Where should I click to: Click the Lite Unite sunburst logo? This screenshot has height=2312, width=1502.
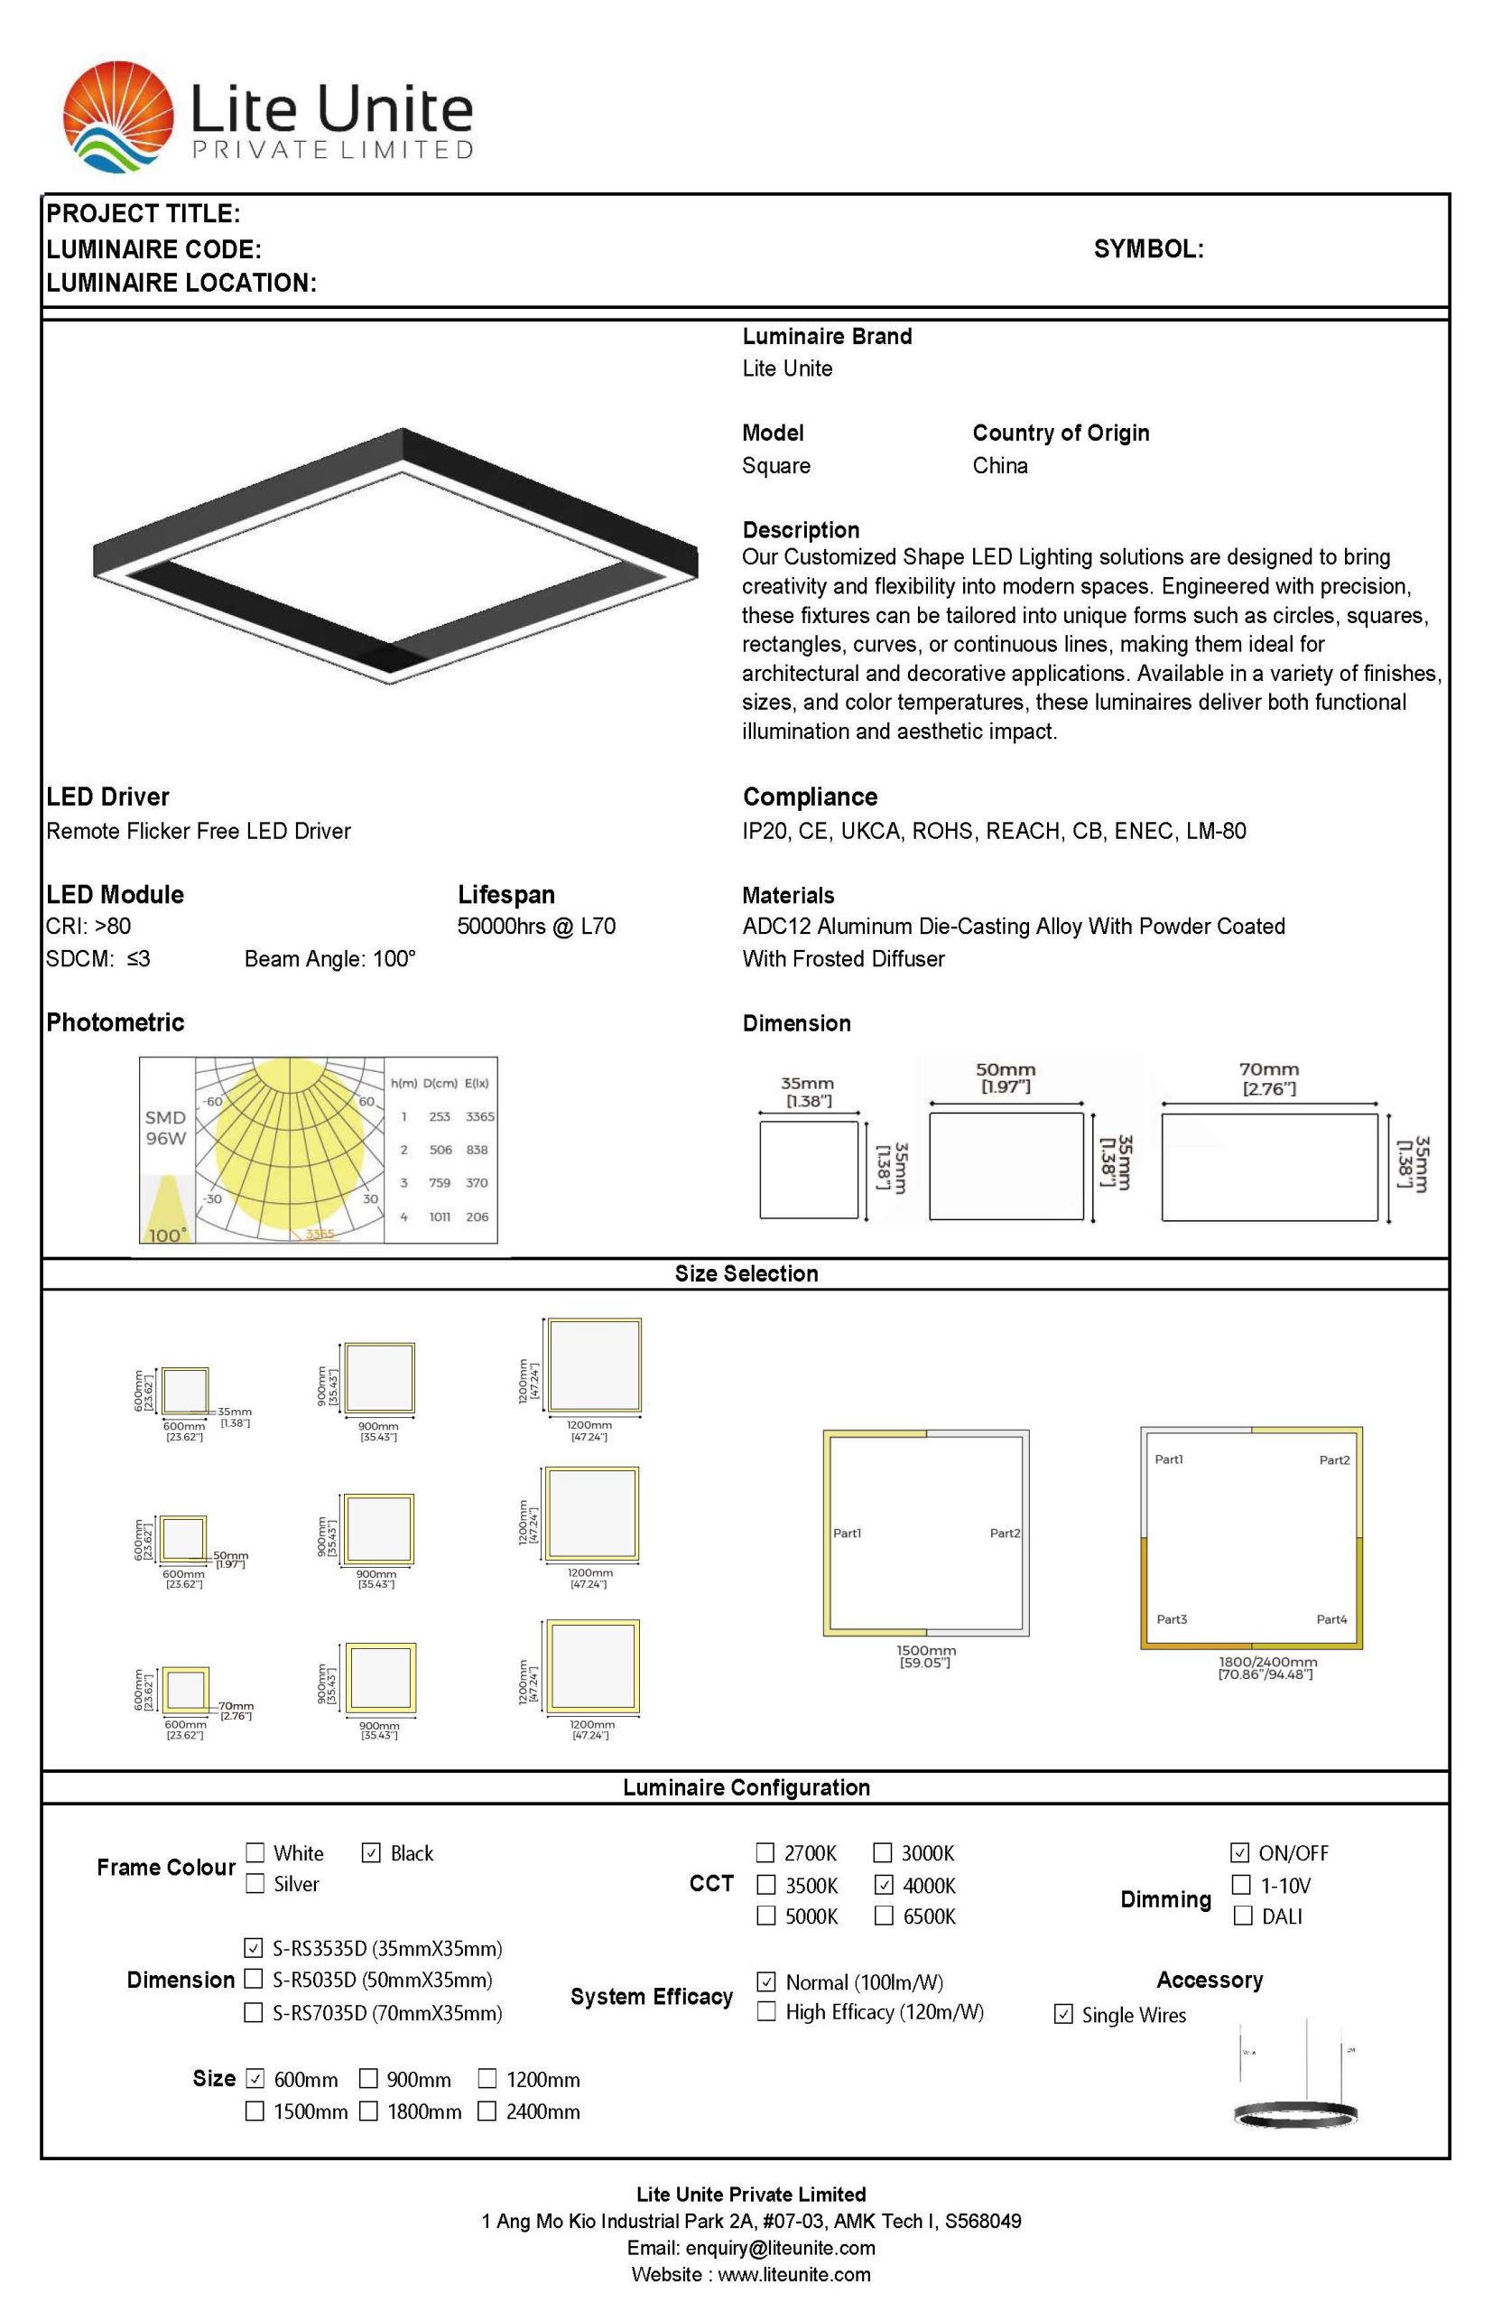tap(118, 117)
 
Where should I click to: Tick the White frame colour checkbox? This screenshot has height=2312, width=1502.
tap(255, 1852)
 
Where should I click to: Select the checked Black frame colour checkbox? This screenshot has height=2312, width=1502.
tap(371, 1852)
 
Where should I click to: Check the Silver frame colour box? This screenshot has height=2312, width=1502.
tap(255, 1884)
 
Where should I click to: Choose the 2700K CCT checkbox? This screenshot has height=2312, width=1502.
tap(766, 1852)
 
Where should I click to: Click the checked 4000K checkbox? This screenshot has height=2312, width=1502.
tap(884, 1885)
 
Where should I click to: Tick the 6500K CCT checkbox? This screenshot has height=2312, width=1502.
tap(884, 1916)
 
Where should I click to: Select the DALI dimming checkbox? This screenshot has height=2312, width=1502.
tap(1242, 1916)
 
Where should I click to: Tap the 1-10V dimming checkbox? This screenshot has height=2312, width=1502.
tap(1241, 1885)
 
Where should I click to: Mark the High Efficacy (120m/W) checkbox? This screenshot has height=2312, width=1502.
tap(766, 2011)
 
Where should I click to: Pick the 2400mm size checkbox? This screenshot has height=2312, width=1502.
tap(487, 2111)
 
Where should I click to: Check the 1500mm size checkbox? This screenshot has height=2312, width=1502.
tap(255, 2111)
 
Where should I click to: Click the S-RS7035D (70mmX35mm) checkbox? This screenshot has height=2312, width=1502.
tap(254, 2012)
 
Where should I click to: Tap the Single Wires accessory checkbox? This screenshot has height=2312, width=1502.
tap(1063, 2014)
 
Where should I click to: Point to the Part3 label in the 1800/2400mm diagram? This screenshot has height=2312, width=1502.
tap(1171, 1619)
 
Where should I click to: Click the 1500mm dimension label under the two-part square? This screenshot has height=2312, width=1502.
tap(925, 1650)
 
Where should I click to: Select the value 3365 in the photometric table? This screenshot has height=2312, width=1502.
tap(479, 1116)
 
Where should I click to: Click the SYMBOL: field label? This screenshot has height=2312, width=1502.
tap(1147, 248)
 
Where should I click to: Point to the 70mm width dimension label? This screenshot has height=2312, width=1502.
tap(1268, 1069)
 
